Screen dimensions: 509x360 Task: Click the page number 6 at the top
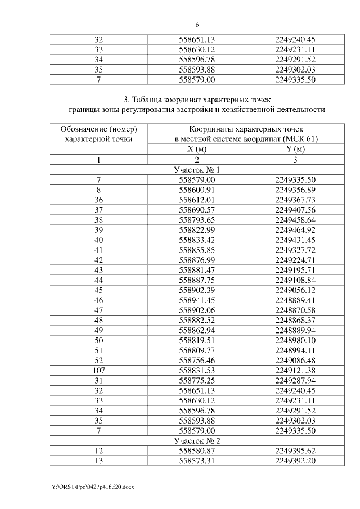coord(197,25)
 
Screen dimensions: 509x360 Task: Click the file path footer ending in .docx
coord(85,485)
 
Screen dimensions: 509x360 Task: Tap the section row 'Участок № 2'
coord(197,440)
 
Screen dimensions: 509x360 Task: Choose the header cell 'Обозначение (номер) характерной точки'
coord(98,134)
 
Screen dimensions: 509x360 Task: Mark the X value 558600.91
coord(197,188)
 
